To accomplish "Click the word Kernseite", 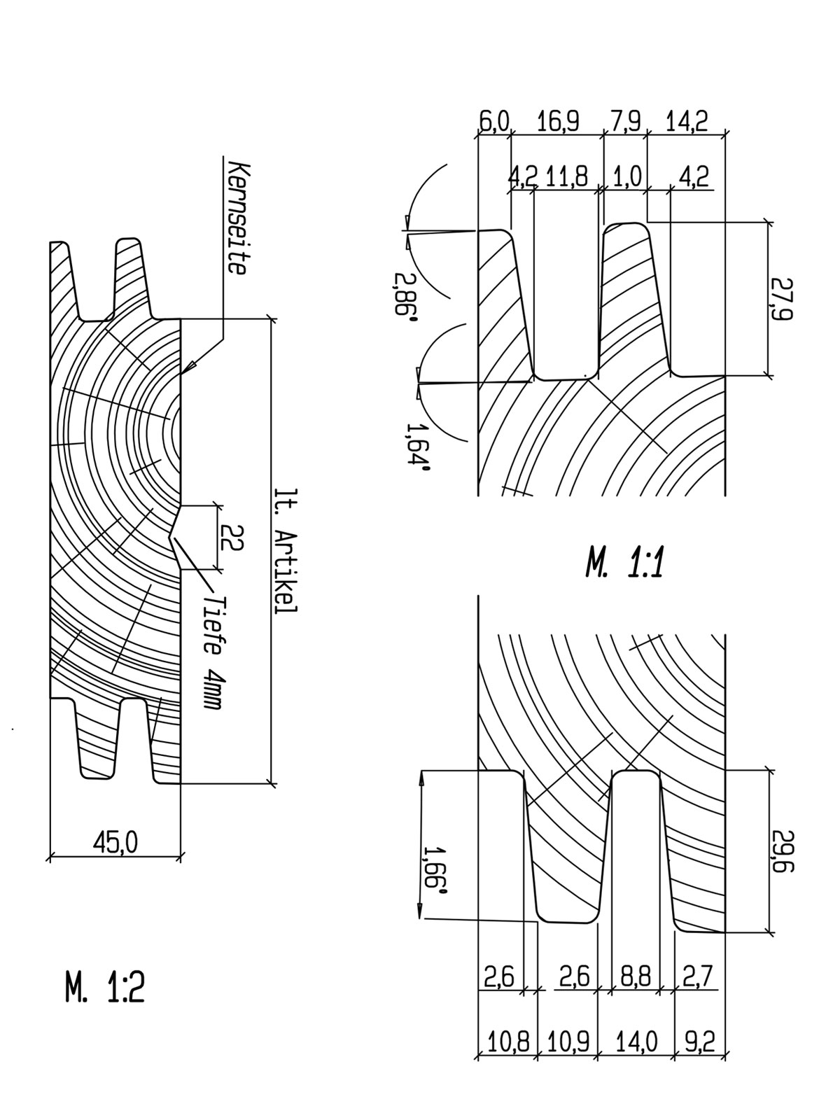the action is (x=238, y=218).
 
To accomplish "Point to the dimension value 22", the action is (x=232, y=538).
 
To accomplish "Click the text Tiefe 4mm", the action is (x=212, y=652).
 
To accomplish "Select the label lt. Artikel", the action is (x=285, y=552).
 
